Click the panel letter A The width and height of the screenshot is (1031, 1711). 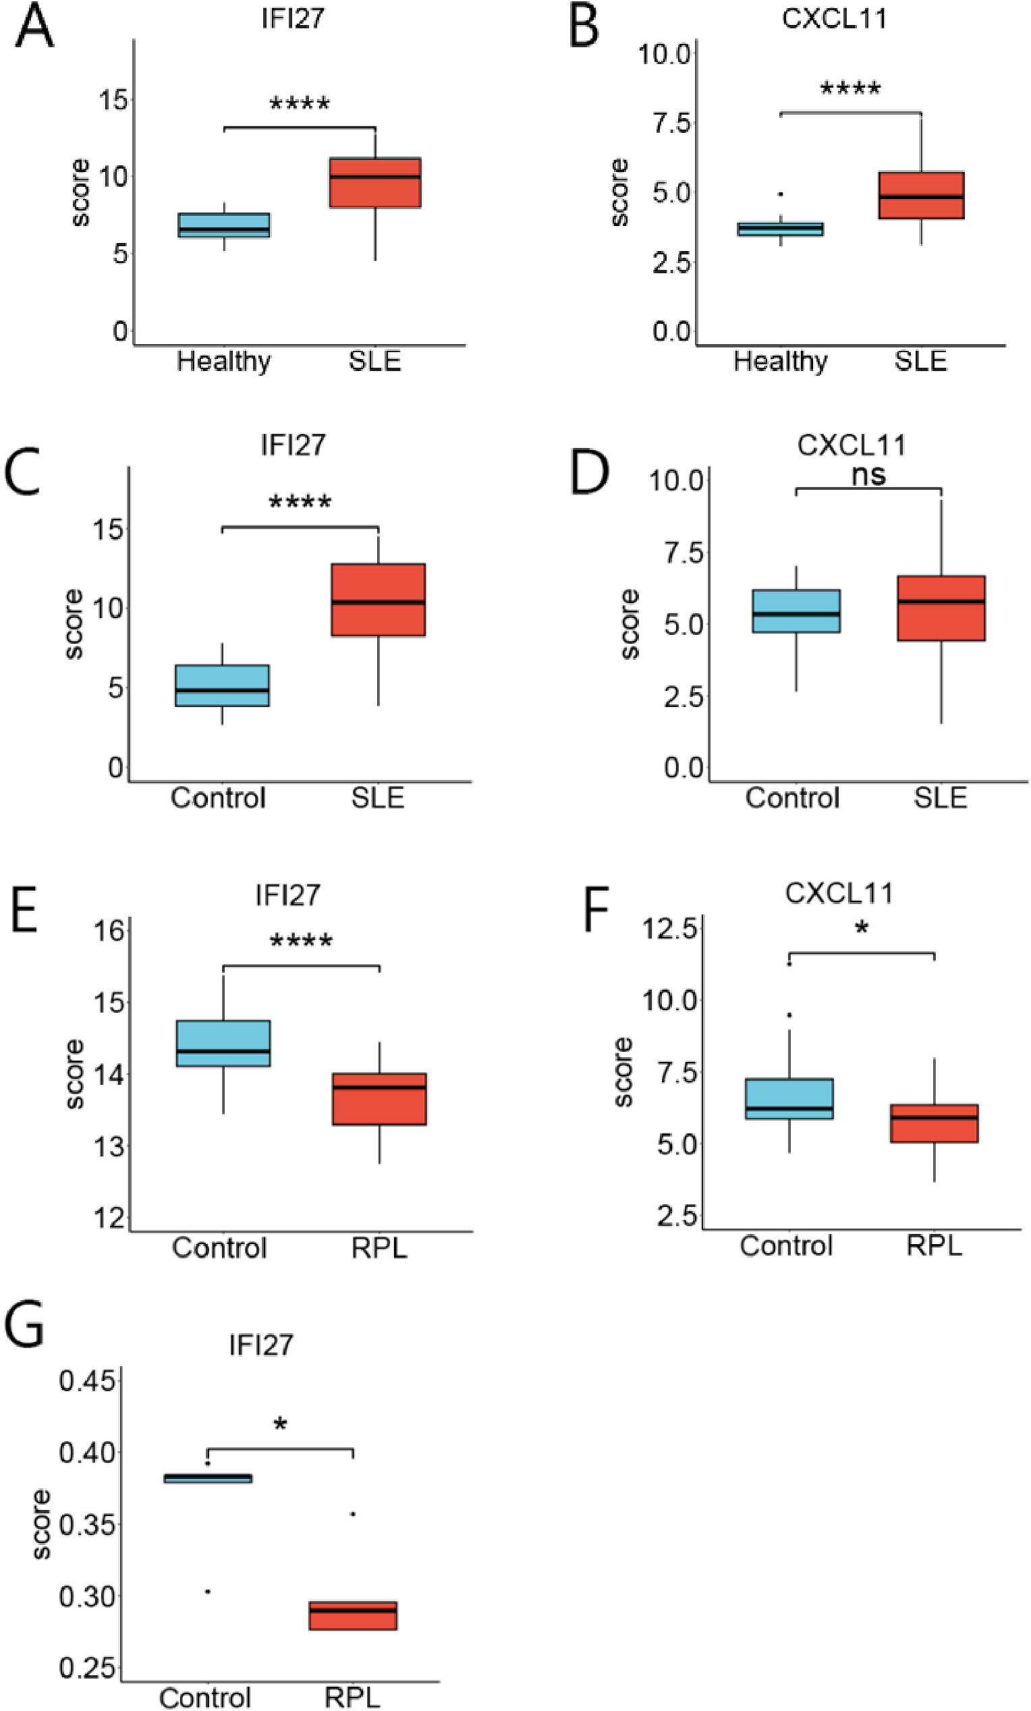[x=34, y=26]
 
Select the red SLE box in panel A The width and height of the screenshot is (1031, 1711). [x=375, y=183]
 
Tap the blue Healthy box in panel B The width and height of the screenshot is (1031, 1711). [x=781, y=229]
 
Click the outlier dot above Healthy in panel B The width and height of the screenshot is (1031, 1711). [x=781, y=194]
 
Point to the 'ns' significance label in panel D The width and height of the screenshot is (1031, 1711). [x=868, y=475]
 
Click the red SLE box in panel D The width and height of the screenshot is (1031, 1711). [x=941, y=609]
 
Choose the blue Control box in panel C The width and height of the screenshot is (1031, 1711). [x=222, y=685]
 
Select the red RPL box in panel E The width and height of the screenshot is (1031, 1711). [x=379, y=1098]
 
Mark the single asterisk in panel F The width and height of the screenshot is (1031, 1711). [x=862, y=928]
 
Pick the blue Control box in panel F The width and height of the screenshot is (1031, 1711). [x=789, y=1098]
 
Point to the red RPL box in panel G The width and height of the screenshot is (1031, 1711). [x=353, y=1615]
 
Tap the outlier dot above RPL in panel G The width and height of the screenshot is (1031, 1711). [x=353, y=1514]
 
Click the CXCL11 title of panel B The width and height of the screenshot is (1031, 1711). [x=834, y=18]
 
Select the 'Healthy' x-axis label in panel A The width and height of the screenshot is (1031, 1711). [x=223, y=362]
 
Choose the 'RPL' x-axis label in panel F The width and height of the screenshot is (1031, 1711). [x=934, y=1245]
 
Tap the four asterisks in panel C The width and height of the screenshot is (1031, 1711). [x=300, y=502]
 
